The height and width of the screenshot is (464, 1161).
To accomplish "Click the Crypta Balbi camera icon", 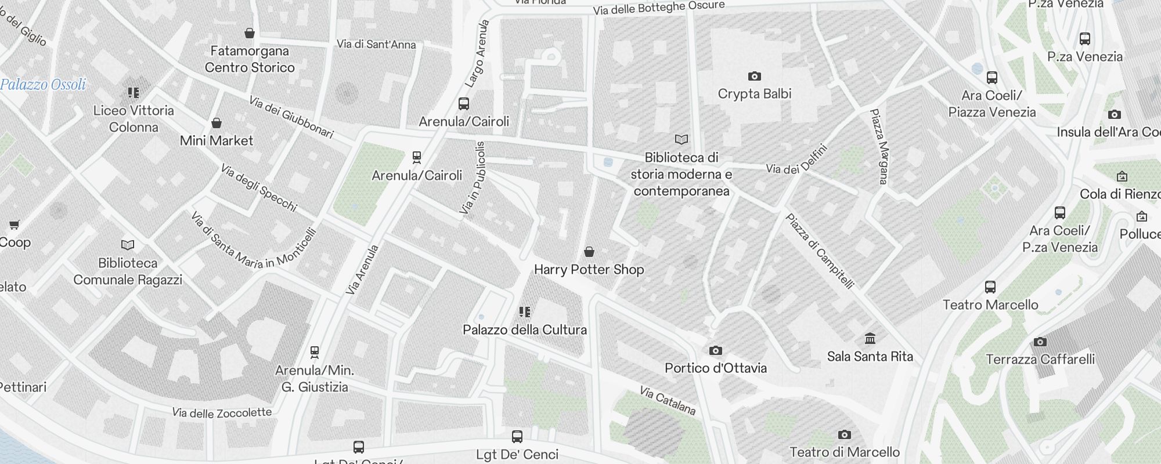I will pos(754,76).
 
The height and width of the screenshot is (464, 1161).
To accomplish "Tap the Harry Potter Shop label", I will pos(589,270).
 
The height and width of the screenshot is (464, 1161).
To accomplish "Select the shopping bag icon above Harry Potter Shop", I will pos(589,251).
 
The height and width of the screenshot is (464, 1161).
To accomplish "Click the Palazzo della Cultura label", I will pos(524,330).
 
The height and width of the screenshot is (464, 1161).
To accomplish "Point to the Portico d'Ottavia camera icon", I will pos(715,350).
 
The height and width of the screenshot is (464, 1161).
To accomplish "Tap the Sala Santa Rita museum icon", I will pos(870,338).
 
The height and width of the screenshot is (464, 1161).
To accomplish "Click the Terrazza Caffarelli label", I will pos(1040,360).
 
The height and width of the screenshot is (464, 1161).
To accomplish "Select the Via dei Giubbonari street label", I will pos(291,118).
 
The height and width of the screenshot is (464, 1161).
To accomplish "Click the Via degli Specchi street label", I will pos(259,188).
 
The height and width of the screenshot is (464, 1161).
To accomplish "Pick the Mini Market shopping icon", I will pos(217,123).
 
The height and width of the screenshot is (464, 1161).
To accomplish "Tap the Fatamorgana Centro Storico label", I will pos(250,59).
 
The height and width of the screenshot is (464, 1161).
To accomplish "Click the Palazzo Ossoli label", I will pos(43,85).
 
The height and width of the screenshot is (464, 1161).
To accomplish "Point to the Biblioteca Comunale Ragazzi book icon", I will pos(128,245).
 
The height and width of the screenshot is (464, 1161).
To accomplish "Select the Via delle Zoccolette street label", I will pos(222,413).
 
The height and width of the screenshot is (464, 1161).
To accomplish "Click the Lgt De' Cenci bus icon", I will pos(517,436).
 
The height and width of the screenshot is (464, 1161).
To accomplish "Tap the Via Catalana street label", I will pos(668,401).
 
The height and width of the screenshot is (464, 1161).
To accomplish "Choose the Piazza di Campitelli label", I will pos(819,251).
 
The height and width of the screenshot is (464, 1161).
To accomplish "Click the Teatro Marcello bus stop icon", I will pos(990,287).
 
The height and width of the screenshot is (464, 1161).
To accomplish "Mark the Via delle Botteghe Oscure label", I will pos(658,8).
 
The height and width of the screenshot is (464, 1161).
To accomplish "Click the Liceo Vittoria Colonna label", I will pos(134,119).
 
